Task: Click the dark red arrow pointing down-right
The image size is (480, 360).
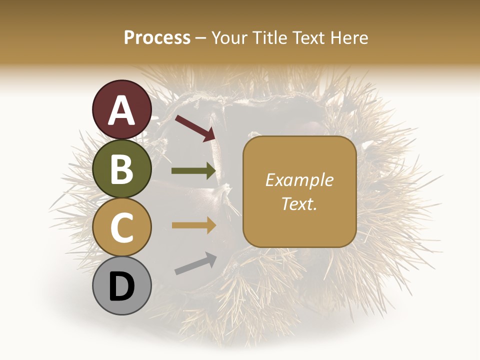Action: (195, 128)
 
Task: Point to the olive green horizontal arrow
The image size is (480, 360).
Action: (193, 171)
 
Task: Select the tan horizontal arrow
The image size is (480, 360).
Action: (193, 225)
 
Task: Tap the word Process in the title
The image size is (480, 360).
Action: (157, 37)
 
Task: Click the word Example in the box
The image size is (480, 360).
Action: (299, 180)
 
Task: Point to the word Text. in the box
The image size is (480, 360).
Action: (299, 203)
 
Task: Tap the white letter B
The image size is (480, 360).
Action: (122, 168)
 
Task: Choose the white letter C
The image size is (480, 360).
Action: (122, 227)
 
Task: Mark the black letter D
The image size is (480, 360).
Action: (122, 286)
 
